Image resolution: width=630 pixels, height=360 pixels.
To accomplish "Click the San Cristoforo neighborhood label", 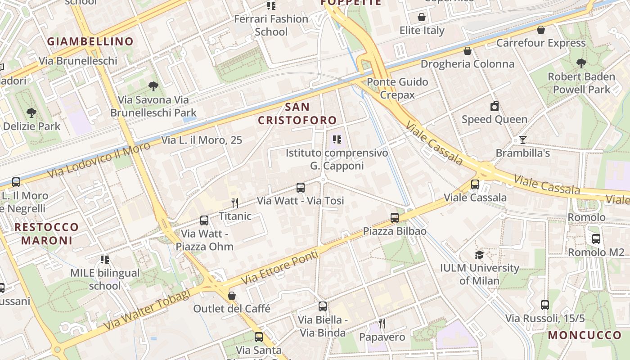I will click(297, 113).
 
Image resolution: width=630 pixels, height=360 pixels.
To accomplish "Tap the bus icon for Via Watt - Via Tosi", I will click(300, 188).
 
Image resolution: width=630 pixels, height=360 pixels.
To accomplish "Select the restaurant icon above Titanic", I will click(234, 203).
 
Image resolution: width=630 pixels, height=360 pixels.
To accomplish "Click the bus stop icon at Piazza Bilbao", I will click(395, 218).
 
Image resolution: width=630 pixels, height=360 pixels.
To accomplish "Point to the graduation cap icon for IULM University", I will click(479, 255).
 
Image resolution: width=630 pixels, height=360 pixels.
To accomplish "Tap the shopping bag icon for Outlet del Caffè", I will click(232, 296).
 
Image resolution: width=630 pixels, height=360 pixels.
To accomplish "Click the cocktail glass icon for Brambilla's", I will click(522, 140).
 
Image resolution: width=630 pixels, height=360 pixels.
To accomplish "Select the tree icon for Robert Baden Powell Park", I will click(581, 63).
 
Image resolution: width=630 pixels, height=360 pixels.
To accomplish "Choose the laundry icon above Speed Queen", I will click(494, 106).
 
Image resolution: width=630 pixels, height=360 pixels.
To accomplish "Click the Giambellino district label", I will click(90, 41).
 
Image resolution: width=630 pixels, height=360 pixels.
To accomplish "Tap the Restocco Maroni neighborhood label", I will click(46, 234).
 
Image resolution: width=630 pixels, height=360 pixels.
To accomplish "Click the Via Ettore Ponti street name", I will click(280, 267).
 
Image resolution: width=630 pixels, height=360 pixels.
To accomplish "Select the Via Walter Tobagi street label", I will click(147, 309).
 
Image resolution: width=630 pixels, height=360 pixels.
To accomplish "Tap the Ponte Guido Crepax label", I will click(397, 88).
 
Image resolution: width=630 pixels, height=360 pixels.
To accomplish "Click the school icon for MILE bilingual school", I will click(105, 260).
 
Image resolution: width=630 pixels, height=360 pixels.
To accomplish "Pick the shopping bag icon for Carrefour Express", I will click(540, 30).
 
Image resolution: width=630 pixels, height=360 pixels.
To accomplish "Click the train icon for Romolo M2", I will click(596, 239).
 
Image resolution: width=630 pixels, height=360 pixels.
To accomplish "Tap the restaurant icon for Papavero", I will click(382, 324).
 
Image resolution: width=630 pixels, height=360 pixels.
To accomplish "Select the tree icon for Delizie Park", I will click(31, 113).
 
